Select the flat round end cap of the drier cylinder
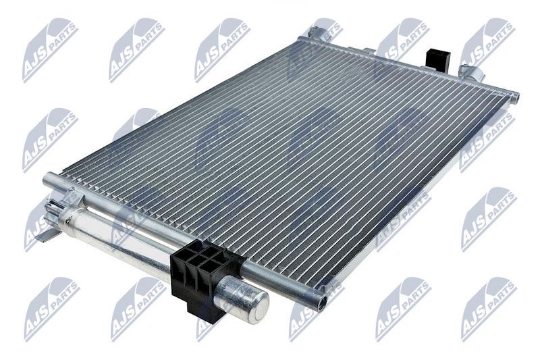point(261,306)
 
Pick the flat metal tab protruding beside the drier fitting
point(47,236)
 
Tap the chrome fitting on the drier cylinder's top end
point(55,206)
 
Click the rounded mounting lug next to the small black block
point(471,72)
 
